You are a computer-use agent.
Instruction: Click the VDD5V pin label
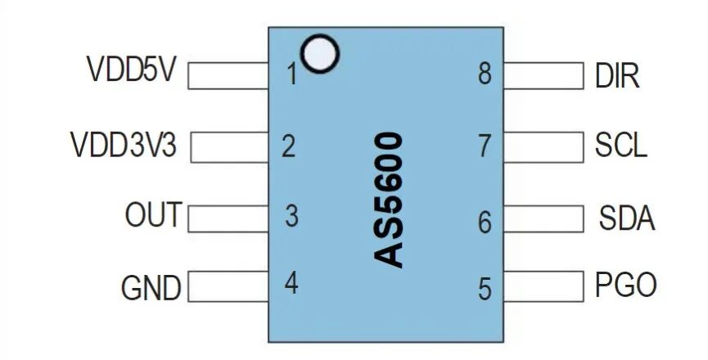pos(131,70)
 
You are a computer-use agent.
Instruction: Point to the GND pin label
pos(151,288)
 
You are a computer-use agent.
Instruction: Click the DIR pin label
pos(617,77)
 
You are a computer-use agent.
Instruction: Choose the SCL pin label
pos(620,146)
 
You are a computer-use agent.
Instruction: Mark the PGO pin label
pos(625,286)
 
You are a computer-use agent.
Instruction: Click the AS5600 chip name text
pos(390,200)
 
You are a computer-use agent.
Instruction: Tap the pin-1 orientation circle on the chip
pos(319,52)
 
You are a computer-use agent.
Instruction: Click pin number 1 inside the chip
pos(291,75)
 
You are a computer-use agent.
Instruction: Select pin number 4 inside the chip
pos(291,284)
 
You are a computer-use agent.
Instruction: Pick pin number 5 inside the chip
pos(485,289)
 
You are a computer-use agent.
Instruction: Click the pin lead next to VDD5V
pos(229,75)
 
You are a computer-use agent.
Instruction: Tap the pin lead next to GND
pos(229,287)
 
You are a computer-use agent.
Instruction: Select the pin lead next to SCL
pos(543,146)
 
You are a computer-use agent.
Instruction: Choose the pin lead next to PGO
pos(543,286)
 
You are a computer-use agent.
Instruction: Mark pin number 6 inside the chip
pos(485,222)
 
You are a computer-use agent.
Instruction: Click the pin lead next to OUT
pos(229,218)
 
